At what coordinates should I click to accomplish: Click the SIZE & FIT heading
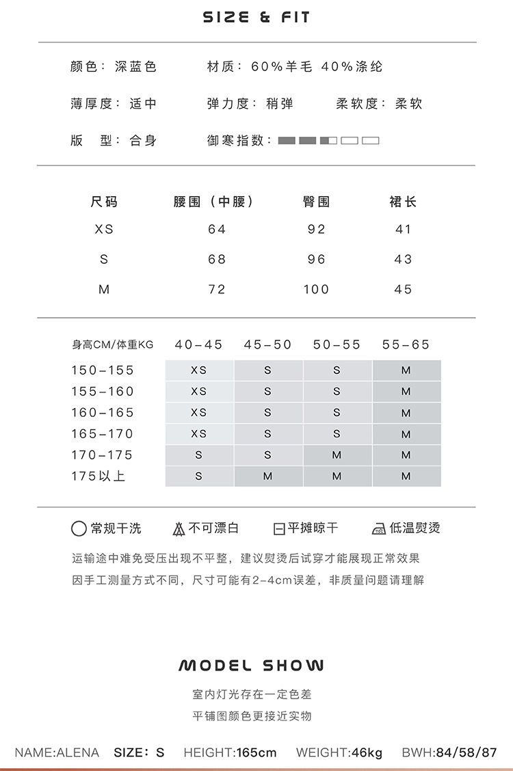click(256, 17)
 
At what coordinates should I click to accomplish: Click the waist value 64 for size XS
click(217, 230)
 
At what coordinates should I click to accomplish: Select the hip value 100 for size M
click(316, 290)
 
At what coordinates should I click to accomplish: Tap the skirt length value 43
click(404, 260)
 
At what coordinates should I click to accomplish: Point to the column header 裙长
click(403, 202)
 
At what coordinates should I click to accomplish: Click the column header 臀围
click(316, 202)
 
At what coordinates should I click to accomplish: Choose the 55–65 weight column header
click(406, 345)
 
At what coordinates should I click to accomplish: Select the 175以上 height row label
click(98, 476)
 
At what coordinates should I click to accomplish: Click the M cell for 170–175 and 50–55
click(337, 455)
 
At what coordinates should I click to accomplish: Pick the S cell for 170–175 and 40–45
click(199, 455)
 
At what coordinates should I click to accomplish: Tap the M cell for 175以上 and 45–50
click(268, 476)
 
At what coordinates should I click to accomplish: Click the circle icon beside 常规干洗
click(79, 529)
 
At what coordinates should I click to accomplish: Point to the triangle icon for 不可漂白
click(179, 529)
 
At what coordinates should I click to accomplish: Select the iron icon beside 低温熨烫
click(378, 529)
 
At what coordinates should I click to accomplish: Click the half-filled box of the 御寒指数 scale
click(328, 141)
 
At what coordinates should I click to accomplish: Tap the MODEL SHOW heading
click(251, 666)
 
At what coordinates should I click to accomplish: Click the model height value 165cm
click(256, 753)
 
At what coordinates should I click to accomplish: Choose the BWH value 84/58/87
click(468, 753)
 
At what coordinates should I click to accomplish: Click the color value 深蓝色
click(135, 66)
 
